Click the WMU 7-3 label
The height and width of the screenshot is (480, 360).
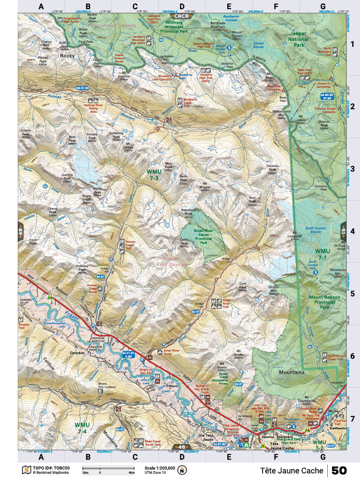(x=153, y=175)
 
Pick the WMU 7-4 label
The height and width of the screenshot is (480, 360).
(x=82, y=428)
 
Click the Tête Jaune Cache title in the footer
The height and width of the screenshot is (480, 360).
(x=291, y=470)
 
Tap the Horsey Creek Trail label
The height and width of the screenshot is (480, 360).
(x=131, y=246)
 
